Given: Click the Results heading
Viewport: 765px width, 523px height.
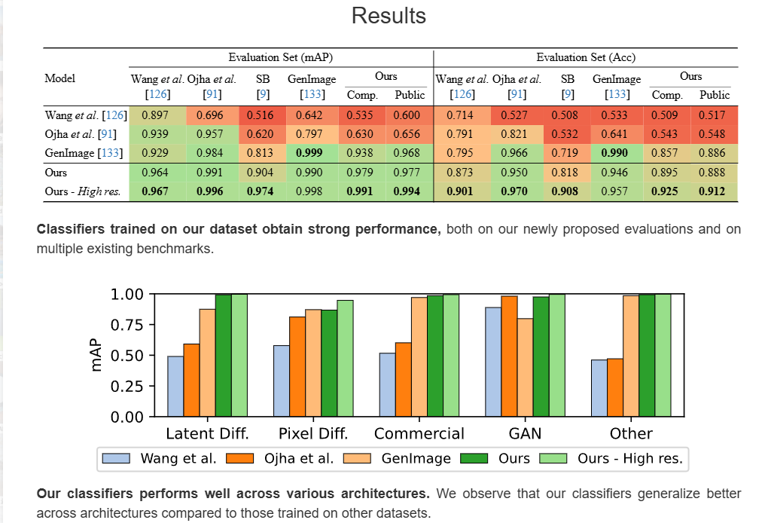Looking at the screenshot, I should click(389, 16).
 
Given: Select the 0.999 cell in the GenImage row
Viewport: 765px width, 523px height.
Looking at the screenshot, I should click(311, 154).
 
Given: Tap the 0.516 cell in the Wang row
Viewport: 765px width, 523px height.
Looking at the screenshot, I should click(263, 115).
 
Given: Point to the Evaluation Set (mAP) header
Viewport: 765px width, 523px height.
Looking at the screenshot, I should click(281, 57).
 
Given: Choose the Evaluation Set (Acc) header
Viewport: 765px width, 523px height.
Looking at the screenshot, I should click(587, 57).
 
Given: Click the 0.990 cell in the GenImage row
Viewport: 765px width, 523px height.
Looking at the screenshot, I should click(616, 154).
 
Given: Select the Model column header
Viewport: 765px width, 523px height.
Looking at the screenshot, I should click(60, 78).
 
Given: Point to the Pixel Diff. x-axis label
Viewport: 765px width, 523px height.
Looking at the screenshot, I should click(313, 433).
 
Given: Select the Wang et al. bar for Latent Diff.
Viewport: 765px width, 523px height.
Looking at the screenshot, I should click(175, 386).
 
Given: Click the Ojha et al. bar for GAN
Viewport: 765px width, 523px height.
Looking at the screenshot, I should click(510, 356).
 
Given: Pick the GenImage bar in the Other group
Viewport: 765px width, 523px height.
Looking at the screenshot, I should click(631, 356).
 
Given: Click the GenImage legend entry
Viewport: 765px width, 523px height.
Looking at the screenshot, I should click(396, 458).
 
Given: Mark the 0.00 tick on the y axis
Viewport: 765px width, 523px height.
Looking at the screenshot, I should click(128, 417).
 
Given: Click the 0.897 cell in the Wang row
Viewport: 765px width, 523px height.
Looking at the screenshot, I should click(156, 115).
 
